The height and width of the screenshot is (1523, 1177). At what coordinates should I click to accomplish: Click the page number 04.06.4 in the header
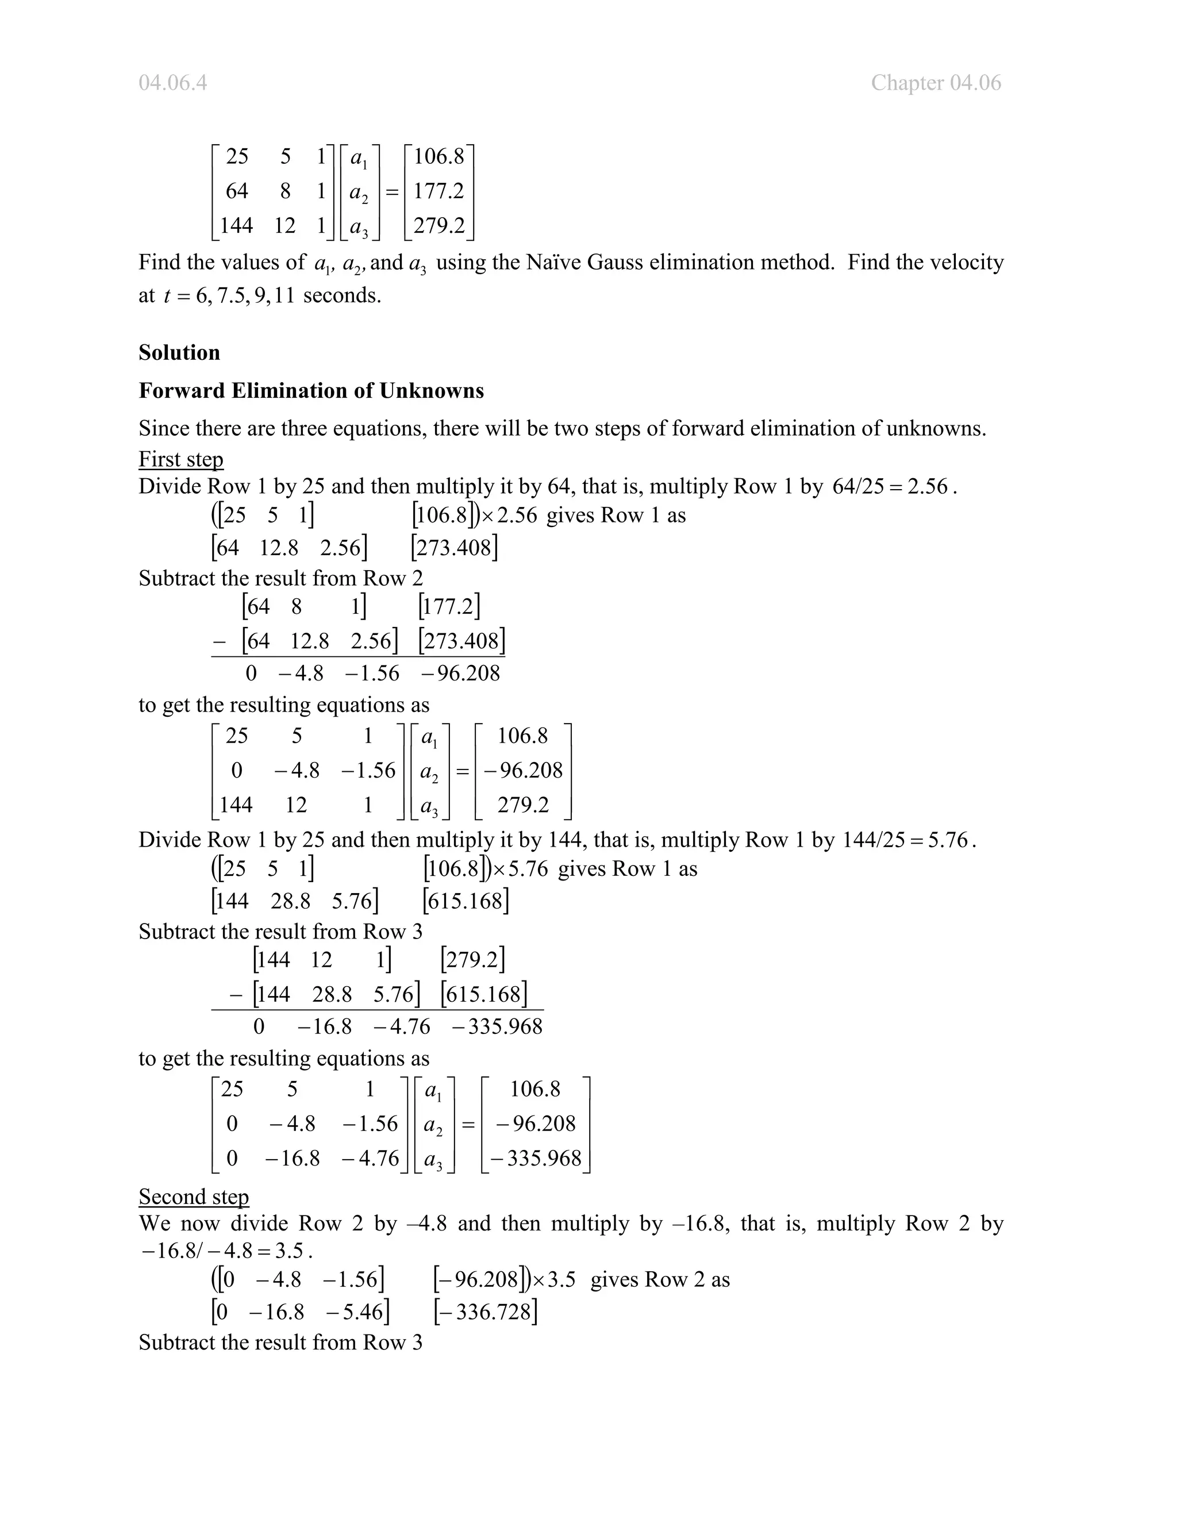[x=172, y=83]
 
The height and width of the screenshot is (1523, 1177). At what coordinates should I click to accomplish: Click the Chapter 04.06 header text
[x=935, y=83]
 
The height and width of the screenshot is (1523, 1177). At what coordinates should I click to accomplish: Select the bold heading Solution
[x=179, y=352]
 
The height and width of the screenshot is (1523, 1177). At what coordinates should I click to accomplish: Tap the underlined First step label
[x=180, y=459]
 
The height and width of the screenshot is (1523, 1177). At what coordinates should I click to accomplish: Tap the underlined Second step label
[x=193, y=1196]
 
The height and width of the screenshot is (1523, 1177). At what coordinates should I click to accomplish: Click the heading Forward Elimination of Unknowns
[x=311, y=390]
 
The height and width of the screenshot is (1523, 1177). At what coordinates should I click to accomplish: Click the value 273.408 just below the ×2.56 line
[x=455, y=547]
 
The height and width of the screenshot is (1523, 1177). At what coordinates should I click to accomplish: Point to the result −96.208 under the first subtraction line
[x=461, y=673]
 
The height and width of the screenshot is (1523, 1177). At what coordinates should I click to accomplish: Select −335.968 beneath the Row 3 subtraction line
[x=497, y=1026]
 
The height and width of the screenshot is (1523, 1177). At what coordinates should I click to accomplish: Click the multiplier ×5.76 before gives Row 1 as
[x=520, y=869]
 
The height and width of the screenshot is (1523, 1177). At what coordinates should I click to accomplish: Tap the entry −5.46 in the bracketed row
[x=356, y=1312]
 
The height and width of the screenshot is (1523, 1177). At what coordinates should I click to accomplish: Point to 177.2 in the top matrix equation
[x=439, y=190]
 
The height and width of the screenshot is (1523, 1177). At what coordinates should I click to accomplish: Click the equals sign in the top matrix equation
[x=392, y=191]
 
